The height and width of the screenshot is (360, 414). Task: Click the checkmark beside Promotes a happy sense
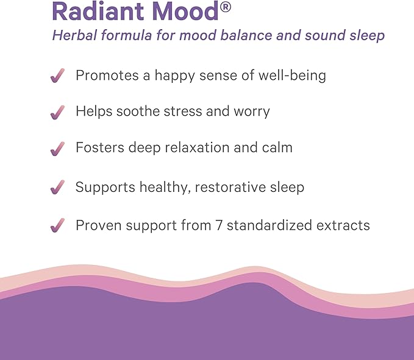[57, 76]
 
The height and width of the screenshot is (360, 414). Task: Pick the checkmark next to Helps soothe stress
[57, 112]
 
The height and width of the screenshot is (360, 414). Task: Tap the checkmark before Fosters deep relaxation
[57, 148]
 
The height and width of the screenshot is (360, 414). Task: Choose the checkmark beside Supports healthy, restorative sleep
[57, 188]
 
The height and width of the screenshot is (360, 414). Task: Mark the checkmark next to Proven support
[57, 225]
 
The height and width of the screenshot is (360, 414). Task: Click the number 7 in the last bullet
[221, 225]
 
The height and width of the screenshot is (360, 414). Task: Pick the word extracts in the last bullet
[344, 225]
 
